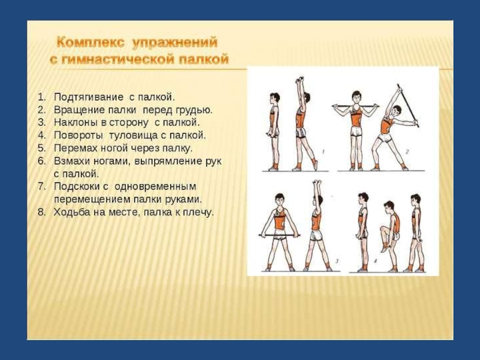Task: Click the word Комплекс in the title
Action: tap(91, 43)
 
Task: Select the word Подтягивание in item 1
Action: tap(89, 97)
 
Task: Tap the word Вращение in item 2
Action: tap(79, 110)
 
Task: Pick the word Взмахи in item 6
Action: tap(73, 161)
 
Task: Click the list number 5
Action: tap(41, 148)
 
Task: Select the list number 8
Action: tap(41, 212)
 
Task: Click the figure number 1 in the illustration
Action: tap(324, 152)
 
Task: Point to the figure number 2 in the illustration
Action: tap(407, 152)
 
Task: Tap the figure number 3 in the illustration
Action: tap(337, 261)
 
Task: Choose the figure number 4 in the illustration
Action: tap(376, 261)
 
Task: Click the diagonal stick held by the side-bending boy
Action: tap(408, 106)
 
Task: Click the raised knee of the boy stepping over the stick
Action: tap(383, 229)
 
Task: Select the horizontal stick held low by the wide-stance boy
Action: tap(279, 235)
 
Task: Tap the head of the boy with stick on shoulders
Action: tap(356, 97)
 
